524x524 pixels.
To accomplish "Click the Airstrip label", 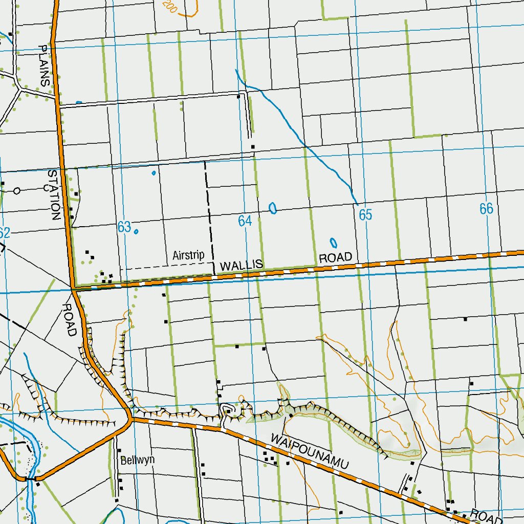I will click(188, 255).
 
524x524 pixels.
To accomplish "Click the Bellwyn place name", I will click(137, 460).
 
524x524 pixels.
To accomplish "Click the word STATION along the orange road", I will click(54, 194).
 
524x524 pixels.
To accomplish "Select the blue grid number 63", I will click(124, 227).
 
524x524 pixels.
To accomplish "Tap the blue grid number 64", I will click(245, 221).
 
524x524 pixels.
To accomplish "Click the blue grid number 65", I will click(365, 215).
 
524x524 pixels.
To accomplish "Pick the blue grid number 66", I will click(486, 208).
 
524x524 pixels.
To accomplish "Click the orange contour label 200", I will click(169, 6).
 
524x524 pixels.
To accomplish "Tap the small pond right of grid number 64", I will click(273, 208).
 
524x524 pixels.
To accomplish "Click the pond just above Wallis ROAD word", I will click(334, 243).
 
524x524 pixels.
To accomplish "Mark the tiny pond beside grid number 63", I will click(136, 231).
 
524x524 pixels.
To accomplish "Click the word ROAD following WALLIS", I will click(335, 257).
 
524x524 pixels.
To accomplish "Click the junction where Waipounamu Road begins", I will click(130, 420).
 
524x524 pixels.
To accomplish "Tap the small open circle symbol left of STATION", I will click(17, 191).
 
